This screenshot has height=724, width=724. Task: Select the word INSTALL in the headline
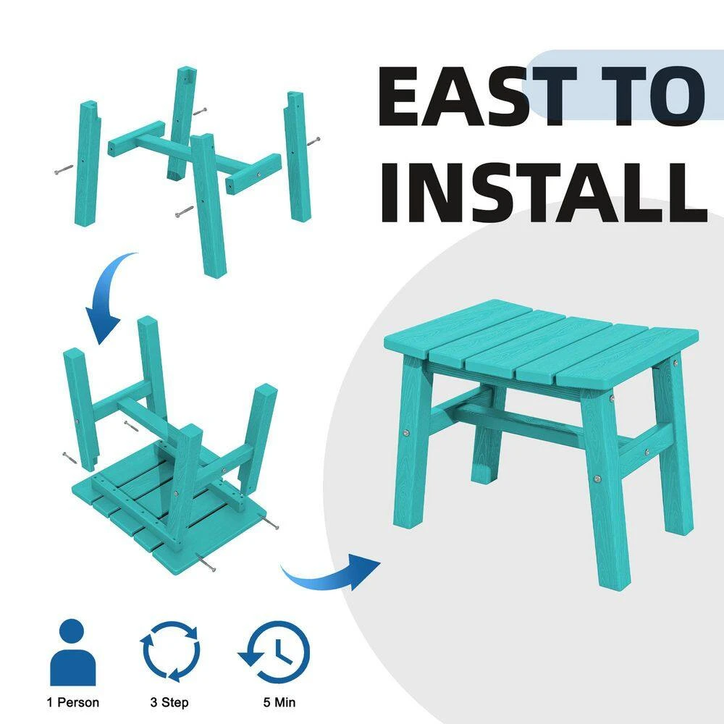coord(544,193)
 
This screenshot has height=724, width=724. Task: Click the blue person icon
coord(72,652)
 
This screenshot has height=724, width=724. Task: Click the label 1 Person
coord(73,702)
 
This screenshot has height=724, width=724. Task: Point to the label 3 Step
coord(169,703)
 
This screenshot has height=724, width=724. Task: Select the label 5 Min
coord(279,702)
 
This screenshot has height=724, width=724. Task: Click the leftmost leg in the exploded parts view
coord(88,164)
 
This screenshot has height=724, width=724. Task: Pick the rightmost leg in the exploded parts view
coord(297,157)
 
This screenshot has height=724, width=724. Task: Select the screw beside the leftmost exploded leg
coord(64,169)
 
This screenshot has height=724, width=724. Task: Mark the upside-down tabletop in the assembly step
coord(169,508)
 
